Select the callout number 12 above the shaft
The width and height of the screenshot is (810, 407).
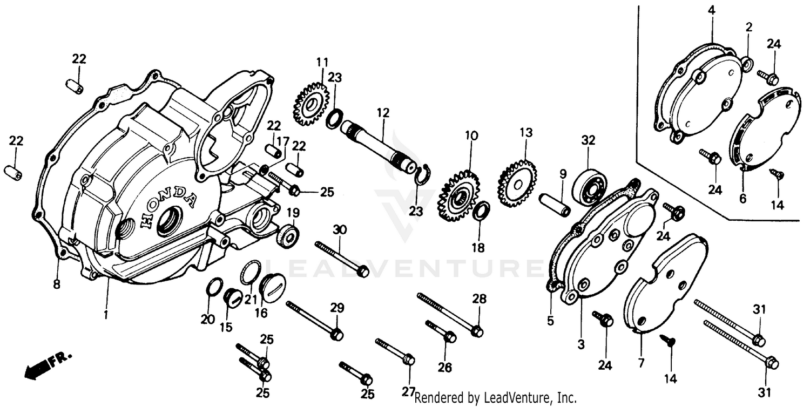coord(383,113)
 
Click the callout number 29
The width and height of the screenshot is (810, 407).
coord(337,308)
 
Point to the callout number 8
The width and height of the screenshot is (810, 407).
coord(57,283)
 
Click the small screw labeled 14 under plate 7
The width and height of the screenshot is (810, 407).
coord(667,341)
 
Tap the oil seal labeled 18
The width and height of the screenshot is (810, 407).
coord(482,211)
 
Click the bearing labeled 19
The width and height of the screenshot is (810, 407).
coord(288,236)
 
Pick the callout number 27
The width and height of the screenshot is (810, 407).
coord(409,392)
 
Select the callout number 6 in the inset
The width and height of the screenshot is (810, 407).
coord(743,198)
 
